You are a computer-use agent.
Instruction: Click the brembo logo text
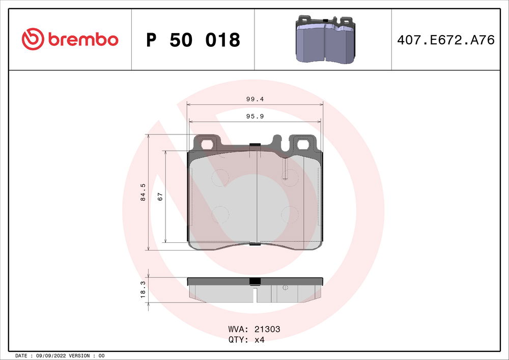(83, 39)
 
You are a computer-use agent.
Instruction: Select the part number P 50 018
(193, 40)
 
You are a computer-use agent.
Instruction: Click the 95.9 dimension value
(254, 116)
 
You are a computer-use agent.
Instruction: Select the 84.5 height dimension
(143, 193)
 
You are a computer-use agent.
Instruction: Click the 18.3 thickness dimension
(143, 290)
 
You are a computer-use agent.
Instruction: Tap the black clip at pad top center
(255, 146)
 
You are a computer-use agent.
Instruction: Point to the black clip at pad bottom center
(255, 244)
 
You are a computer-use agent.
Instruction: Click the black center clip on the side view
(254, 281)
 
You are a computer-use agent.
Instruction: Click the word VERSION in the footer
(79, 355)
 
